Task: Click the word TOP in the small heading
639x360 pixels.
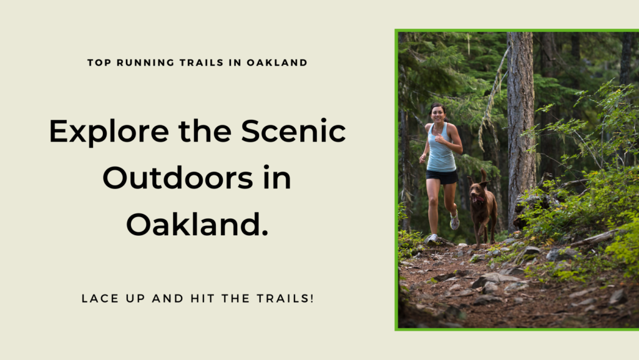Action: pos(99,63)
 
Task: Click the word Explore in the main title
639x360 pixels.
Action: pos(109,132)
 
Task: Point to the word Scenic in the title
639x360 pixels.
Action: pos(293,131)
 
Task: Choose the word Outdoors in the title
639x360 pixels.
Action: pos(178,178)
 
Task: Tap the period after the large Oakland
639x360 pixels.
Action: pos(265,233)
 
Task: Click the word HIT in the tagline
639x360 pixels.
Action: pos(203,298)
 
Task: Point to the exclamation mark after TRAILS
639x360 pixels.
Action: pos(312,298)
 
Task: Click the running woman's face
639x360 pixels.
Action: pos(437,114)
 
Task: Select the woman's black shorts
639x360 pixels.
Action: pos(442,177)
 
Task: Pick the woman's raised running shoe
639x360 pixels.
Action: pos(454,221)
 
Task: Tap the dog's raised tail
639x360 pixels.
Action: pos(484,175)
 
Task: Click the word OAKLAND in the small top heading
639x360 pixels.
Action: pos(277,63)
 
